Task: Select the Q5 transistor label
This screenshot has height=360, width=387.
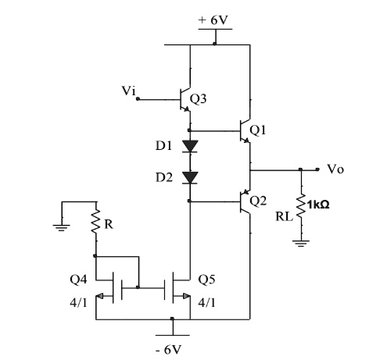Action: click(208, 277)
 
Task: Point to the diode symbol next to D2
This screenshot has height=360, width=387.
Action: click(188, 177)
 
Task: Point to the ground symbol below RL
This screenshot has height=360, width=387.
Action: click(301, 243)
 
